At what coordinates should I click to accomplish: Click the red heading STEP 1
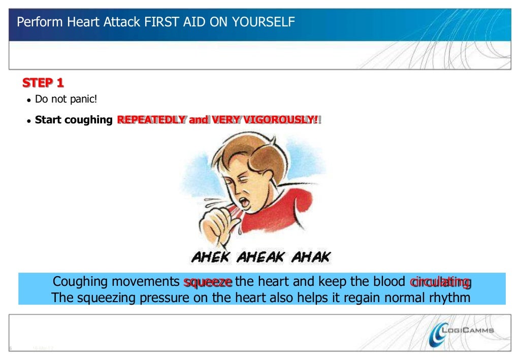click(x=43, y=83)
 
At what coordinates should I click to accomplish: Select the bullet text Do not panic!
click(x=66, y=99)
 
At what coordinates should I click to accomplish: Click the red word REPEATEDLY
click(x=151, y=120)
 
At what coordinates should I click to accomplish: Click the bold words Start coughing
click(x=74, y=120)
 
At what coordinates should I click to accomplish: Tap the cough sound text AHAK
click(x=310, y=257)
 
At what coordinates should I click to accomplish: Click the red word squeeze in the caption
click(x=208, y=282)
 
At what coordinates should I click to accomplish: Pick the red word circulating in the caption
click(x=440, y=282)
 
